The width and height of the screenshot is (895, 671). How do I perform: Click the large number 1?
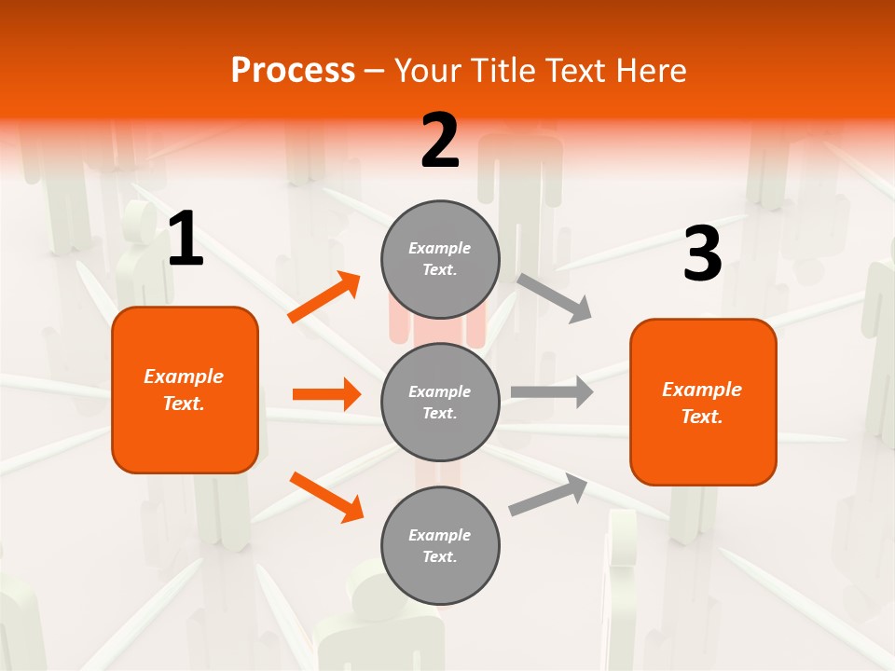pos(186,240)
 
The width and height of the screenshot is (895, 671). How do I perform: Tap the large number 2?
pos(440,141)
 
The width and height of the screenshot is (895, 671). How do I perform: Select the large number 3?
pos(702,254)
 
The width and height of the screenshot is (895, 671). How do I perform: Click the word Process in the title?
pos(293,70)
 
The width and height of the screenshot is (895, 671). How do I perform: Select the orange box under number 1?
pos(185,390)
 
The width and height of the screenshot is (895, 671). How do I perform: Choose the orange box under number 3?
pos(703,402)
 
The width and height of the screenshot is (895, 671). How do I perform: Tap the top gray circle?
pos(440,259)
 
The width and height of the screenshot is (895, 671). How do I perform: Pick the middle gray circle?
pos(440,402)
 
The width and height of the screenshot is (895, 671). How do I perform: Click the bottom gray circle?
pos(440,545)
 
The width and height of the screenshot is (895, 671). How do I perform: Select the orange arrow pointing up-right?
pos(324,297)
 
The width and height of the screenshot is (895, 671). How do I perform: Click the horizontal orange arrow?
pos(326,394)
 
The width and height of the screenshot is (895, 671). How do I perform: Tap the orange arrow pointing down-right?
pos(326,497)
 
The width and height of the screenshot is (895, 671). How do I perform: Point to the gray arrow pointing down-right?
pos(555,297)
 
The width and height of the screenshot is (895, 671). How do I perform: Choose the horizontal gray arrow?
pos(552,391)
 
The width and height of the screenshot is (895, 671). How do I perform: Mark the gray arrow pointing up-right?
pos(548,495)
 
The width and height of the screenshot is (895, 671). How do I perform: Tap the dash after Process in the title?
pos(375,71)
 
